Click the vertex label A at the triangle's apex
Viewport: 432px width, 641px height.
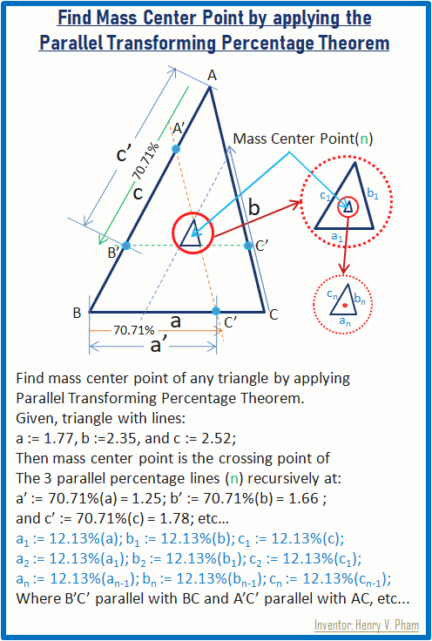click(x=212, y=76)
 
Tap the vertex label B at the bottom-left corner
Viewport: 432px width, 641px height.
click(x=77, y=314)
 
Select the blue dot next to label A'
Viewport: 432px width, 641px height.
click(x=176, y=149)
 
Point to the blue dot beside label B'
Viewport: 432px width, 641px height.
click(x=126, y=246)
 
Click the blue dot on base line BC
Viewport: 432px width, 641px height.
click(x=216, y=311)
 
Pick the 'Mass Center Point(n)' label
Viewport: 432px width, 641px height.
click(x=303, y=139)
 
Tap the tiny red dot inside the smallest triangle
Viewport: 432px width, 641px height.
click(x=345, y=305)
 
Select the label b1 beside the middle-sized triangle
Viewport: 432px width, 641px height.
click(x=372, y=193)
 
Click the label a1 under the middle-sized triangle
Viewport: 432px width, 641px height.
click(x=336, y=236)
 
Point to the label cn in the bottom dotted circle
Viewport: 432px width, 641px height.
click(x=332, y=294)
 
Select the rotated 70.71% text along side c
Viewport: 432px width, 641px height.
click(x=146, y=162)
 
